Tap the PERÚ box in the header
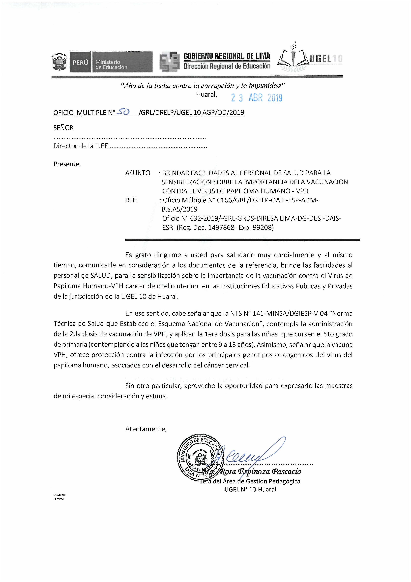click(x=80, y=62)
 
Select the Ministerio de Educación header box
click(x=122, y=62)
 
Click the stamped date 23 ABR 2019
click(x=257, y=98)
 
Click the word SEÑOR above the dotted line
click(x=63, y=128)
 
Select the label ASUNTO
click(x=138, y=173)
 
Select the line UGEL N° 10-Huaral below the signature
click(x=250, y=489)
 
